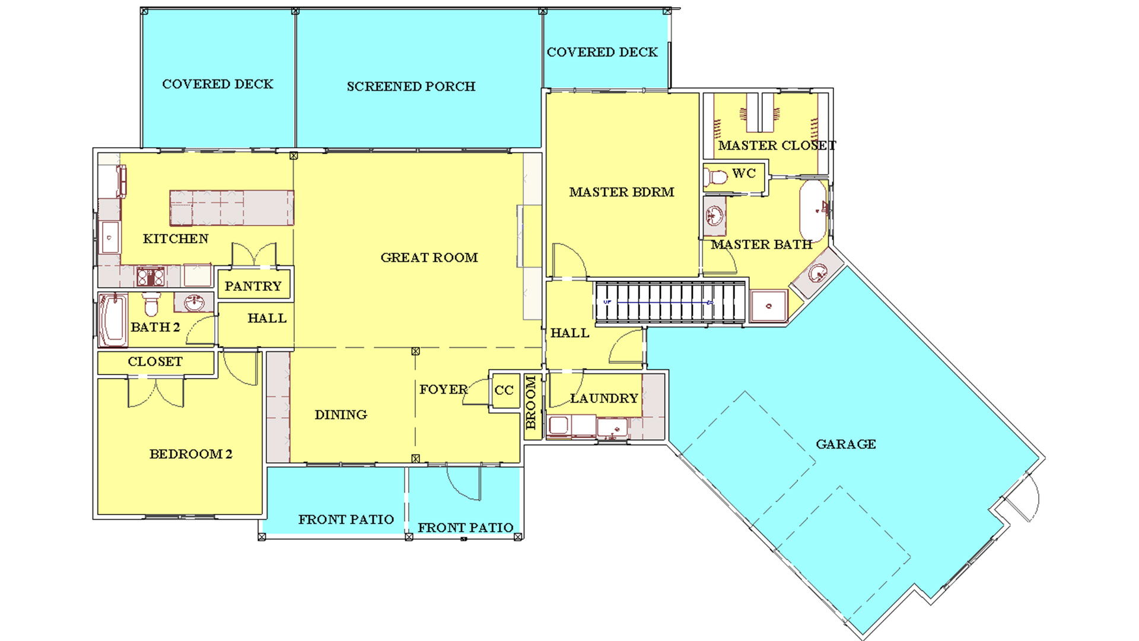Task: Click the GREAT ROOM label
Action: pos(429,258)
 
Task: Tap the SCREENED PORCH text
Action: pos(411,87)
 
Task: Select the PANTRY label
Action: pos(253,286)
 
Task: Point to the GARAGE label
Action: pos(846,444)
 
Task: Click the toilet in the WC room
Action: pos(716,177)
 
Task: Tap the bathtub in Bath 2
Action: pos(113,320)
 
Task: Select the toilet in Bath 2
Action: pos(152,303)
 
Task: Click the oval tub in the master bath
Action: pos(813,210)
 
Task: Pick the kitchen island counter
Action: pos(232,208)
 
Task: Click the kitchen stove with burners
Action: pos(151,277)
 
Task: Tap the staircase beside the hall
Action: pos(670,302)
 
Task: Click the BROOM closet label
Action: pos(531,402)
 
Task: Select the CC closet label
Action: pos(504,391)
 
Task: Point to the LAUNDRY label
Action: pos(604,398)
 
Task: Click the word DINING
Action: pos(341,415)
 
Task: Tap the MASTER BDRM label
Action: pos(622,192)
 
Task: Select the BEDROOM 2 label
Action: pos(191,454)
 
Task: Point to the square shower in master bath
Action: pos(769,306)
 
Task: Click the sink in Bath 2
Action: pos(194,303)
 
